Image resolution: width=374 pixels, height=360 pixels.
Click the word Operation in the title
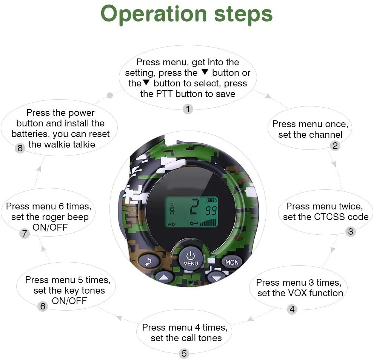point(153,14)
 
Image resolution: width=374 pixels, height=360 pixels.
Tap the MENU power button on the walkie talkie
point(190,258)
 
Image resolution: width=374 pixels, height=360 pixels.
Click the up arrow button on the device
point(163,278)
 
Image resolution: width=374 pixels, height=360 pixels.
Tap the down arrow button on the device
point(216,278)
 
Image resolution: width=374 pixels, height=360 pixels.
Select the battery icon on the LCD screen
point(211,200)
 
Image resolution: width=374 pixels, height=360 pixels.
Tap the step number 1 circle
point(188,109)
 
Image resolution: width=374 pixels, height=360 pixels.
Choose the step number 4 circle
point(292,310)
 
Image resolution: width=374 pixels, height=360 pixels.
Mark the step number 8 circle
point(20,148)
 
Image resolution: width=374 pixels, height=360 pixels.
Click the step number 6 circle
point(43,306)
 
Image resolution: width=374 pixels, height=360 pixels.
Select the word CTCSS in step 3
point(330,217)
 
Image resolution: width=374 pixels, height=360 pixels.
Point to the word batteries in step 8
point(30,134)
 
